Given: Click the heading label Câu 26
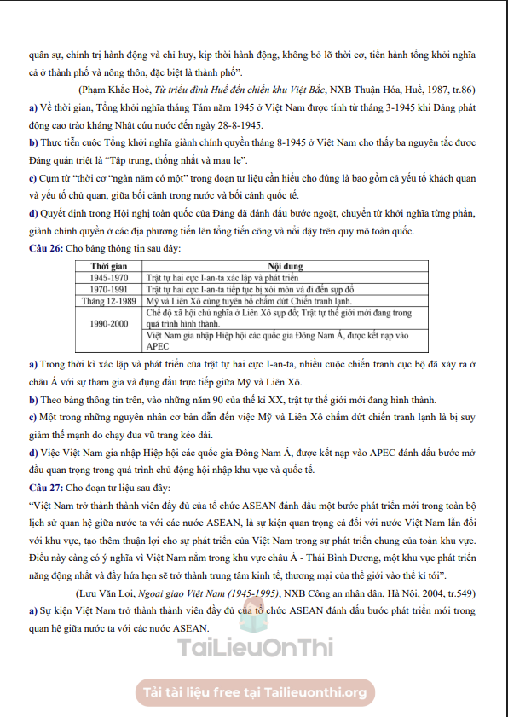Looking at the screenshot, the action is [x=45, y=248].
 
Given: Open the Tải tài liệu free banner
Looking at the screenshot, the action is [x=254, y=691].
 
